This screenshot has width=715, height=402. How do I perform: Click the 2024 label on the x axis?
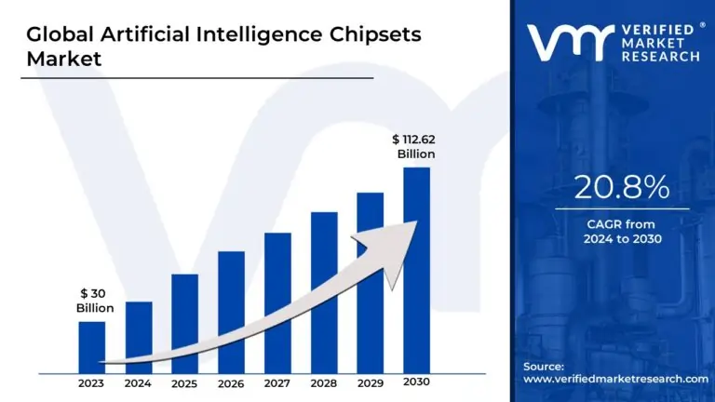click(138, 382)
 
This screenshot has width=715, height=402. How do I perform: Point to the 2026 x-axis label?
click(231, 382)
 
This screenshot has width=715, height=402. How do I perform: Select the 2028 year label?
click(323, 382)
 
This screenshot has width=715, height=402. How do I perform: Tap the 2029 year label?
click(370, 382)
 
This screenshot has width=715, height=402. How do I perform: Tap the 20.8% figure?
click(622, 188)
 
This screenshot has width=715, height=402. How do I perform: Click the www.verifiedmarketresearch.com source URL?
click(615, 379)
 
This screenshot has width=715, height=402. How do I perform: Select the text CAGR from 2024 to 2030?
click(622, 232)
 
